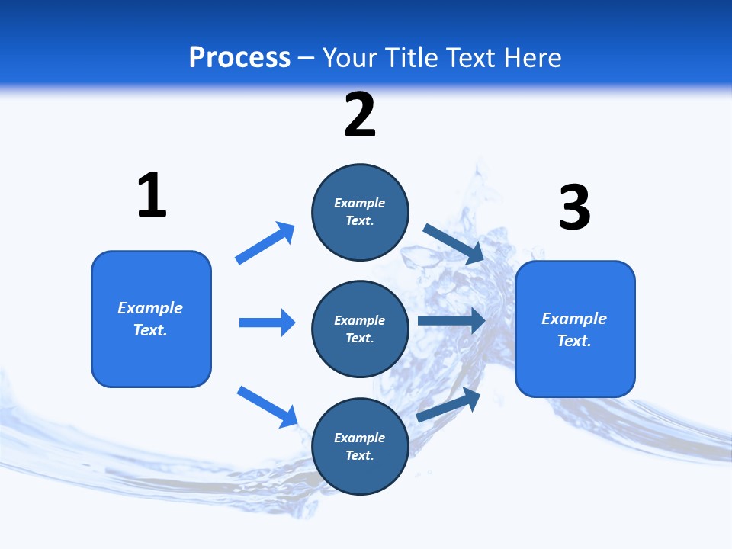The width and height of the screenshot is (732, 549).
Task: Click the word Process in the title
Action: pyautogui.click(x=239, y=58)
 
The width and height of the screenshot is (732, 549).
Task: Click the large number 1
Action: pyautogui.click(x=152, y=195)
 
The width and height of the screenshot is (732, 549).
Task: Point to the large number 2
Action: pyautogui.click(x=360, y=115)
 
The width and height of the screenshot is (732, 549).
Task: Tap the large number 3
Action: pyautogui.click(x=574, y=207)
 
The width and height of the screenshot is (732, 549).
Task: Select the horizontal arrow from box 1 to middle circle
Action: pyautogui.click(x=267, y=323)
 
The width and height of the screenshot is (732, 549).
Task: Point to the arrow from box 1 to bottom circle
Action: pyautogui.click(x=267, y=406)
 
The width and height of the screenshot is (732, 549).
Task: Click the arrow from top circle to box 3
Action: pyautogui.click(x=453, y=243)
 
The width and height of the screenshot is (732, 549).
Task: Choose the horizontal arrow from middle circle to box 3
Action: pyautogui.click(x=451, y=321)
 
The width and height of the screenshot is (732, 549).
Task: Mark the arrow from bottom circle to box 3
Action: pyautogui.click(x=448, y=405)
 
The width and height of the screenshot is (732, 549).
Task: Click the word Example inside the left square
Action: pyautogui.click(x=150, y=308)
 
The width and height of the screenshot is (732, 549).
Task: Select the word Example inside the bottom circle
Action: pyautogui.click(x=360, y=438)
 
